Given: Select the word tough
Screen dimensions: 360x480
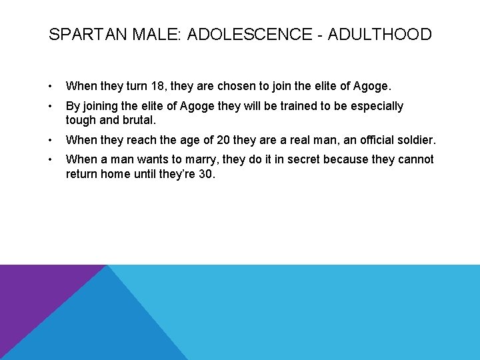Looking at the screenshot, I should pos(81,120).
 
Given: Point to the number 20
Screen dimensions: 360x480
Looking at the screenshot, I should pos(223,141).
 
